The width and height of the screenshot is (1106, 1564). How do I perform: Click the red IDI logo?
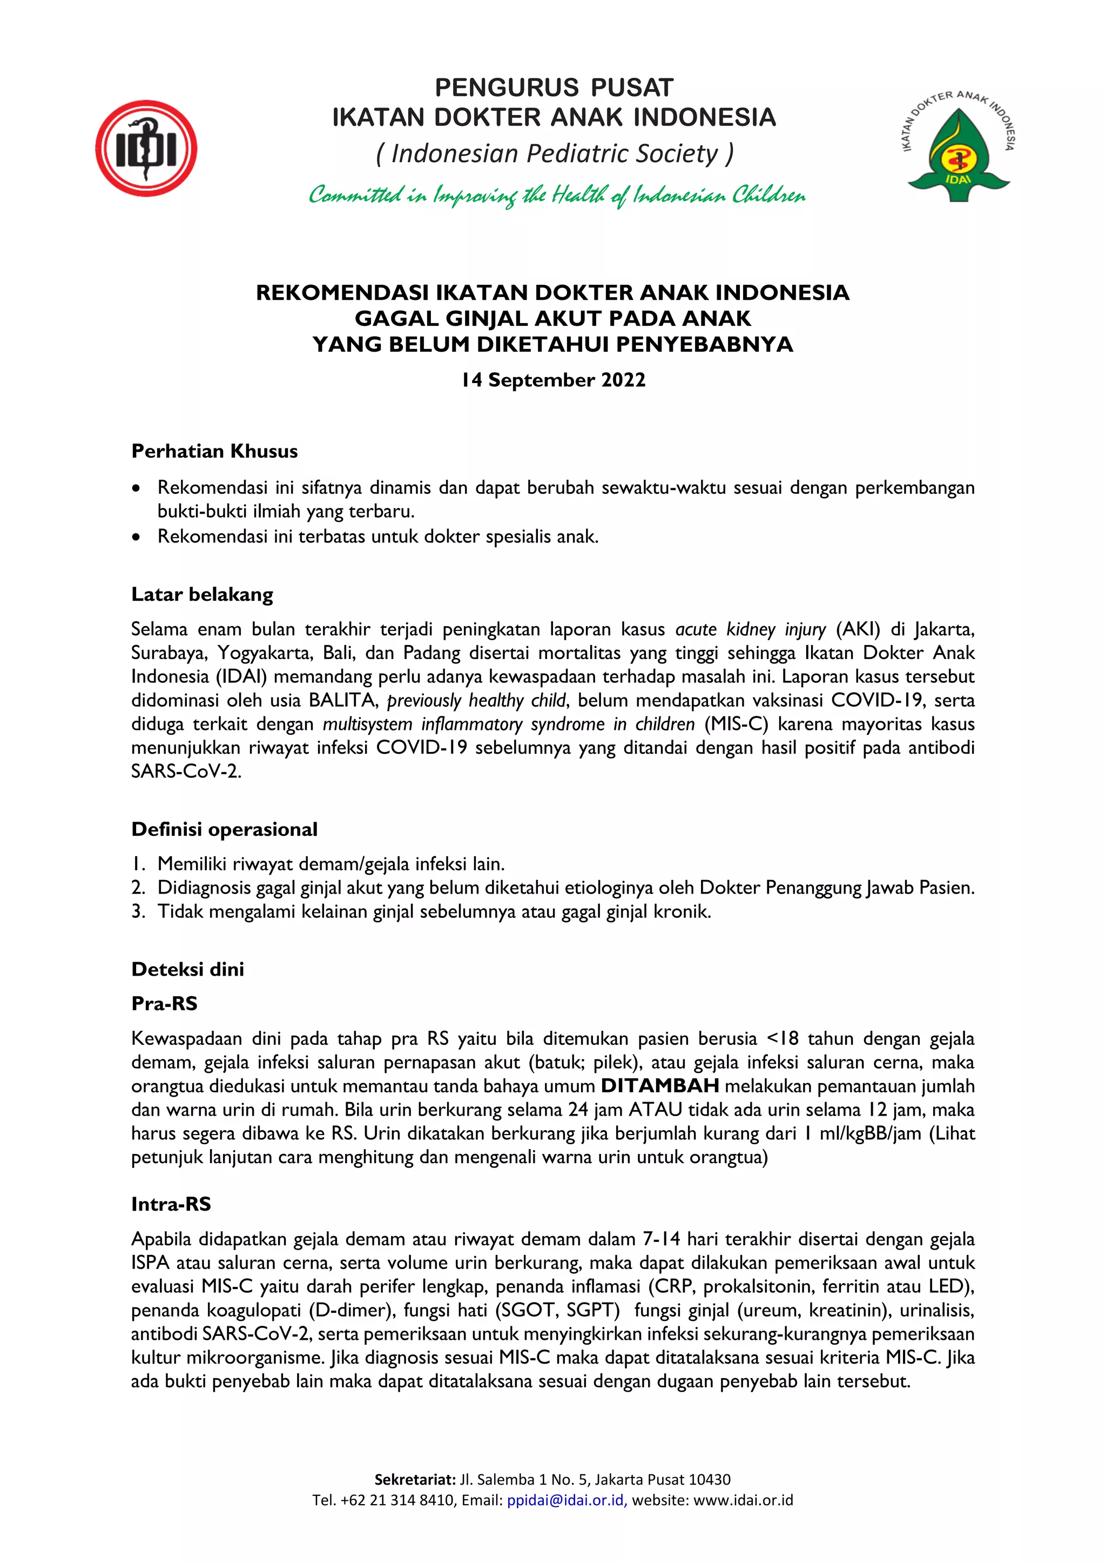146,149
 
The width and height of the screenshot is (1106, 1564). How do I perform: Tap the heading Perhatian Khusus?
214,451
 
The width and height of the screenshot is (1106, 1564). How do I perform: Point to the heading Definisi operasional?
224,829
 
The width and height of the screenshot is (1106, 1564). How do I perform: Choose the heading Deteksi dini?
187,969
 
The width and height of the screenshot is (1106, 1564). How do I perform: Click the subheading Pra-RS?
164,1003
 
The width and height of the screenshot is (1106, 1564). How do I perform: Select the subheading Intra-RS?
171,1204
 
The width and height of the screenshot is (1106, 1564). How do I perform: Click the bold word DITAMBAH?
659,1086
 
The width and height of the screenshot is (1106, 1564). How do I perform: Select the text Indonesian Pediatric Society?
555,153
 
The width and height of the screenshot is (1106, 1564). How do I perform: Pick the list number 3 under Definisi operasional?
138,911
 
